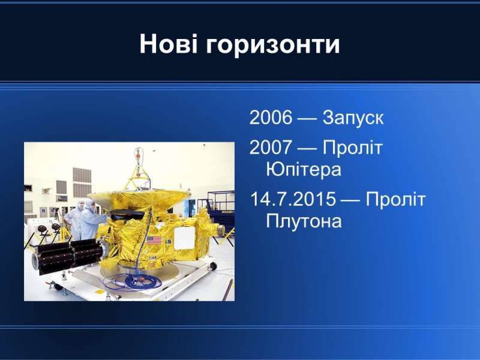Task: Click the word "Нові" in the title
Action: (x=169, y=44)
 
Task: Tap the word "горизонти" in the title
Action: (x=273, y=46)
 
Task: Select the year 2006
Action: (x=271, y=117)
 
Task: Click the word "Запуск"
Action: (x=353, y=118)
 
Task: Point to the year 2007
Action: (x=271, y=147)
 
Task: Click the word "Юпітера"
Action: (x=304, y=169)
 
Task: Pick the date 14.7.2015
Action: (x=293, y=199)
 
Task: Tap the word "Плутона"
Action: (x=304, y=221)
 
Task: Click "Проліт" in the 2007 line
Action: (x=353, y=147)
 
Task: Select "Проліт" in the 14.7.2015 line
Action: (x=396, y=199)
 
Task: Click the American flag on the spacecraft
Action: (x=154, y=240)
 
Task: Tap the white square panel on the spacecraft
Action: (x=184, y=238)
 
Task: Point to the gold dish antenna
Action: (x=139, y=199)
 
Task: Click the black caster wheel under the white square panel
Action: (x=213, y=266)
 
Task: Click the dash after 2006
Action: (x=307, y=118)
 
